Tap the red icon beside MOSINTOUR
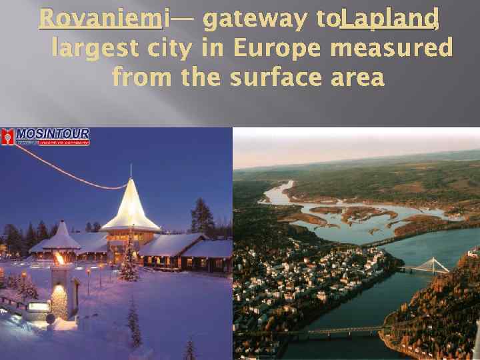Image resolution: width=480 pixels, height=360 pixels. [7, 137]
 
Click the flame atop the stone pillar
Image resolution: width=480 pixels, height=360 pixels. [59, 257]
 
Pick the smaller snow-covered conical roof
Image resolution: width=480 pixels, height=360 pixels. [61, 237]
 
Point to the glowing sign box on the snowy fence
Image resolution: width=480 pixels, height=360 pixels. [38, 306]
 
